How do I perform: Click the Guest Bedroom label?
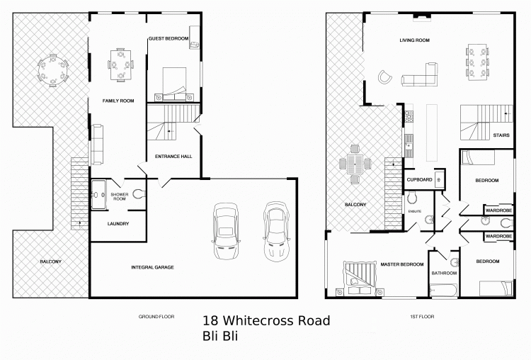[169, 39]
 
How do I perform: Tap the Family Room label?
[118, 101]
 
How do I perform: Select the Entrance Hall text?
[173, 157]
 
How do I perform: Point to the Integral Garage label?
[152, 267]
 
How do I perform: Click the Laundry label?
[118, 224]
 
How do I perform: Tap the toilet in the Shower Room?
[139, 194]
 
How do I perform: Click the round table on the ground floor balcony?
[52, 70]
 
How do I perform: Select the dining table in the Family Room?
[121, 64]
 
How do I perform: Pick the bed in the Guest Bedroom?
[174, 84]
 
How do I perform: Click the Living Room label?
[414, 40]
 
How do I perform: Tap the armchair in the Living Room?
[384, 77]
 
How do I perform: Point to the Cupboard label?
[419, 180]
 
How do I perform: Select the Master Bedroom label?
[402, 264]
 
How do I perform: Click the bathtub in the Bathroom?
[443, 290]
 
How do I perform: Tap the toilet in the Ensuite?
[412, 198]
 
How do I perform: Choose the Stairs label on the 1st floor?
[501, 135]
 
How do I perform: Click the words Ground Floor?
[156, 317]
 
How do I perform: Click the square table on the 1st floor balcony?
[355, 164]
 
